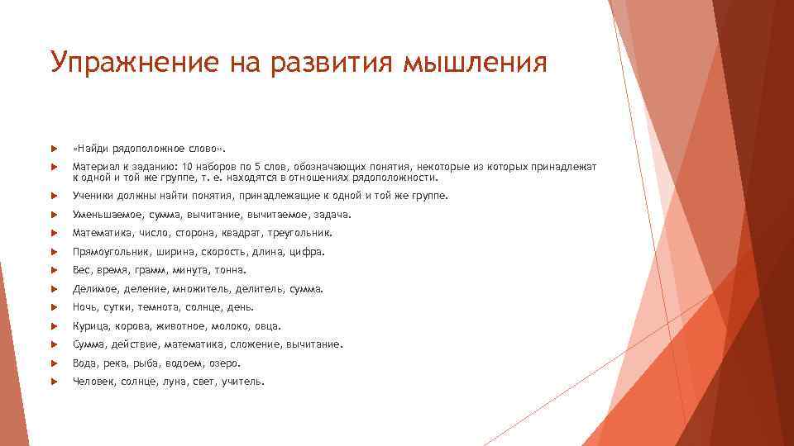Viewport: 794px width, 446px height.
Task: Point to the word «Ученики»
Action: (x=92, y=196)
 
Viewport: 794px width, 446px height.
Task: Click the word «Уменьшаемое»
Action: (x=104, y=214)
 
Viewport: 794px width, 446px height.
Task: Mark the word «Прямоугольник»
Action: (x=105, y=251)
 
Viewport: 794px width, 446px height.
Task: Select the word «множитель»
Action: (x=200, y=289)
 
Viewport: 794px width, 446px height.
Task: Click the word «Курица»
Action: (x=88, y=325)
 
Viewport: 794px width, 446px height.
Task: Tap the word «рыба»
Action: (x=144, y=363)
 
